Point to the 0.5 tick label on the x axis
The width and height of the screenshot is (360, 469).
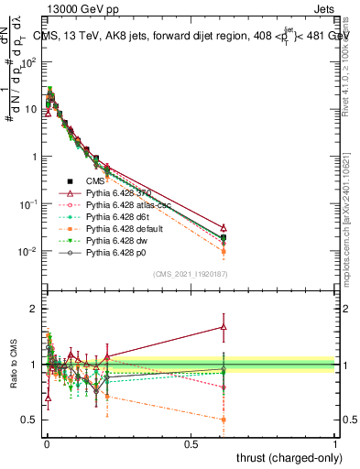coord(191,443)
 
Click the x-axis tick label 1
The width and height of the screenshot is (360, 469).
coord(334,443)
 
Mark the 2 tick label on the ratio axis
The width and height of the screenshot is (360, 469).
coord(34,309)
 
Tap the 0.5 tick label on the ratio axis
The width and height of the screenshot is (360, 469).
coord(30,420)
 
